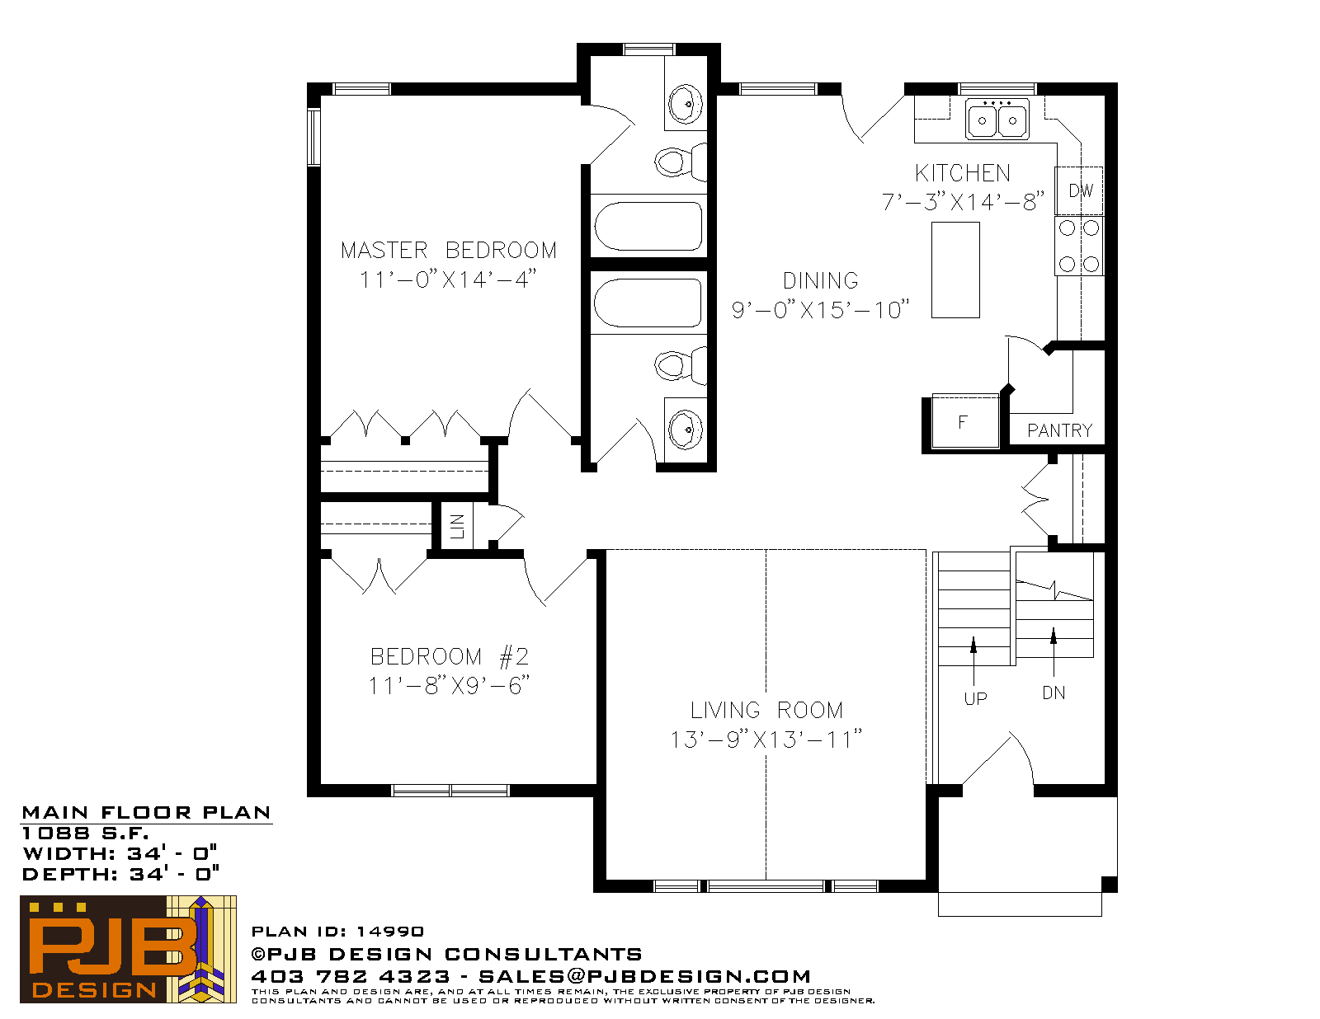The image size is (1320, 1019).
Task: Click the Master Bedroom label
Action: (x=448, y=250)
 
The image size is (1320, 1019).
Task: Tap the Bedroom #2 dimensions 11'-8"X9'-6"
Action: (x=449, y=686)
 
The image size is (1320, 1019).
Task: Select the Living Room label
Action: (x=766, y=710)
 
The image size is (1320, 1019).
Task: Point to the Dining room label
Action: (x=820, y=280)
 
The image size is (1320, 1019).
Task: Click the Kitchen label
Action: (x=963, y=173)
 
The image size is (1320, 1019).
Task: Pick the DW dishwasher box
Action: (x=1079, y=190)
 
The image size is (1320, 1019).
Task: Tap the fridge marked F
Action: (x=965, y=421)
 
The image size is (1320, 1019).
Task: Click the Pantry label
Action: (x=1059, y=430)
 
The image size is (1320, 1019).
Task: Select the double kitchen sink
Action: (x=997, y=119)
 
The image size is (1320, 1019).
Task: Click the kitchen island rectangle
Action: (x=955, y=270)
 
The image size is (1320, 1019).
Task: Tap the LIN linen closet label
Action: (x=457, y=526)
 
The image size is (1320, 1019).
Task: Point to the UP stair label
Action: (x=976, y=698)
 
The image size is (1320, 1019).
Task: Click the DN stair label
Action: (x=1054, y=693)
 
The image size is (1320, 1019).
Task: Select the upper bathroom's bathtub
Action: (x=648, y=226)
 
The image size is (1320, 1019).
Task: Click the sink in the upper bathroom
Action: (x=686, y=104)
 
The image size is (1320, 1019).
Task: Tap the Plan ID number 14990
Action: (x=389, y=932)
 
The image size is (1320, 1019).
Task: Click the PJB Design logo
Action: (x=128, y=950)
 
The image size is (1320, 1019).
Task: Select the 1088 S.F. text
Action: (x=85, y=833)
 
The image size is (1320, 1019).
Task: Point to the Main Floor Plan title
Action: (x=146, y=812)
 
